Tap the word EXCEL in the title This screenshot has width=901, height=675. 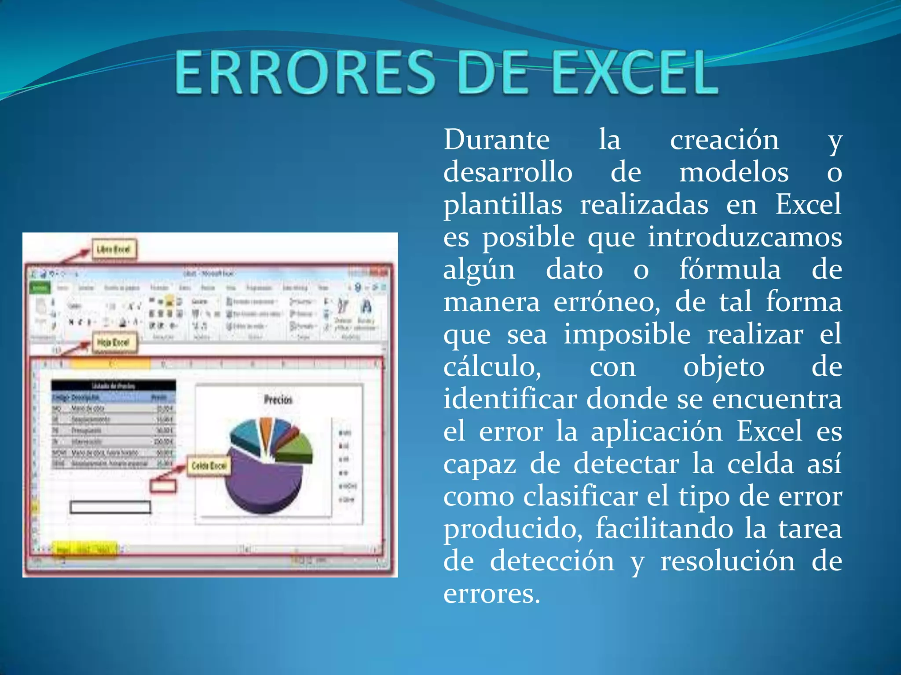coord(636,73)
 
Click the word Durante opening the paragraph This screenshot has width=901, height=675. coord(496,140)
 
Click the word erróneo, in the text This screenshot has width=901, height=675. coord(607,302)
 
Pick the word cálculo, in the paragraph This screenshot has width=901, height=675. coord(492,367)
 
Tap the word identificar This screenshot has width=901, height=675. coord(510,399)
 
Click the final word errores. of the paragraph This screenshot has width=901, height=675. coord(491,593)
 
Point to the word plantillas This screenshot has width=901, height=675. coord(502,204)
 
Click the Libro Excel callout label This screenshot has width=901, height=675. coord(114,249)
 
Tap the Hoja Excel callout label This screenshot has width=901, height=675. coord(114,342)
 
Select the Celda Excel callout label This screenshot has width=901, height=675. coord(209,465)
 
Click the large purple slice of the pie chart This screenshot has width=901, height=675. coord(260,483)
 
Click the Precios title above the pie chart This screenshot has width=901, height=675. coord(278,399)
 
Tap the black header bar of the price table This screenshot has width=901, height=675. coord(113,385)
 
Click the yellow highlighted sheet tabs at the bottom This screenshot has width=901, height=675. coord(85,549)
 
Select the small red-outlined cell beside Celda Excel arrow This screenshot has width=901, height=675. coord(163,486)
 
